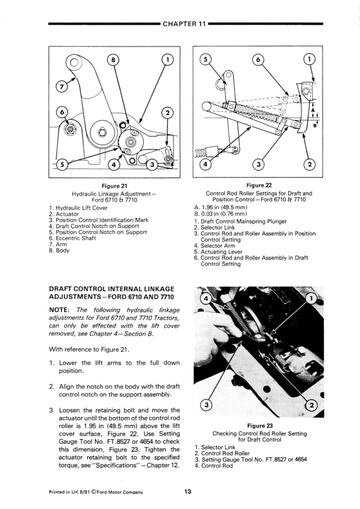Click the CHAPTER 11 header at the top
coord(184,24)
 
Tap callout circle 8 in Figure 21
coord(113,60)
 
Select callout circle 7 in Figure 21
coord(61,86)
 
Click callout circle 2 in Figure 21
coord(167,113)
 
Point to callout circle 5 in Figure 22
coord(205,59)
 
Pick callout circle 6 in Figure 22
coord(258,60)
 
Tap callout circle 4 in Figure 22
coord(205,164)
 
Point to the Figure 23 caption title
coord(260,426)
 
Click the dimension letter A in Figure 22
coord(313,111)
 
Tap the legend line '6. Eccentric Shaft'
coord(72,238)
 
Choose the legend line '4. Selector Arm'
coord(214,246)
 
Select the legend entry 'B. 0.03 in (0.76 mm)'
coord(220,213)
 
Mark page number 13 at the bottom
coord(188,491)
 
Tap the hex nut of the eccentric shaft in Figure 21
coord(69,129)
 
